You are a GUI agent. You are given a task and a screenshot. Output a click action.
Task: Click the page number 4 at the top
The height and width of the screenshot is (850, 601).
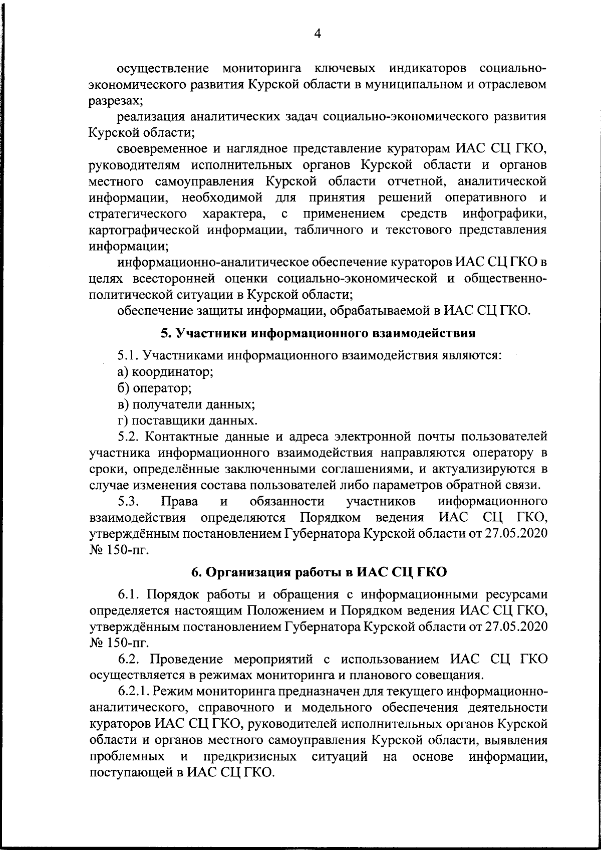click(x=317, y=33)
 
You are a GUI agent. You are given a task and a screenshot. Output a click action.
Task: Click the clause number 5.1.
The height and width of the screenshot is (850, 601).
click(x=128, y=356)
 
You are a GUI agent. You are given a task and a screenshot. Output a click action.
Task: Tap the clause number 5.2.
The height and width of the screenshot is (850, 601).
click(x=128, y=437)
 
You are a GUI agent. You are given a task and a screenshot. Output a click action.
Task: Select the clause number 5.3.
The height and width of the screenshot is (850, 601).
click(x=128, y=501)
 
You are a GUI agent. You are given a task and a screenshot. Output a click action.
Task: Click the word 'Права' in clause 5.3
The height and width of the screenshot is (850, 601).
click(x=179, y=501)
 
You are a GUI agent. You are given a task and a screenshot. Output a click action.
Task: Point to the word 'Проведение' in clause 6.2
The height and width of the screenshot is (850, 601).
click(x=180, y=659)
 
